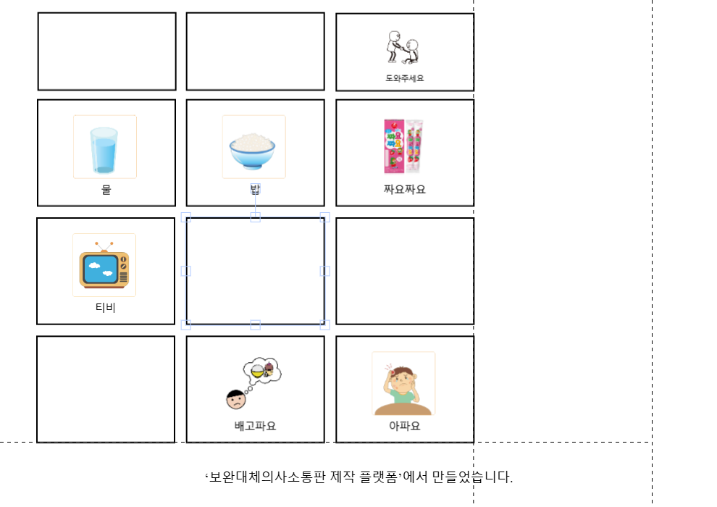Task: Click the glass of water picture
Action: pos(104,146)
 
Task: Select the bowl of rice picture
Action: pos(253,146)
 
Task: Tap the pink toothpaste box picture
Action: pos(403,146)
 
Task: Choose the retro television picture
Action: pos(104,265)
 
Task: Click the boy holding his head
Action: pos(403,383)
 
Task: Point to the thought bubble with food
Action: pos(261,371)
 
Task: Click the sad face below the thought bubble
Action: pos(236,401)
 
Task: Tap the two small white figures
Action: pos(403,48)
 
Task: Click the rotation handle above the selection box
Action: pos(255,188)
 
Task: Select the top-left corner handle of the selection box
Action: pos(185,217)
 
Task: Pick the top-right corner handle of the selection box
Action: pos(324,217)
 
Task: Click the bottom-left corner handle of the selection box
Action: pos(185,324)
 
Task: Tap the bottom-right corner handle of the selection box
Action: pos(324,324)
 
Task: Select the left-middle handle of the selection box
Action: pos(185,271)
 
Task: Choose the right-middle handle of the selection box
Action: pos(324,271)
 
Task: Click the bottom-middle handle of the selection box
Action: pos(255,324)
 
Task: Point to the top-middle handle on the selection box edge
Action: pos(255,217)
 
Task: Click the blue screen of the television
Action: pos(101,269)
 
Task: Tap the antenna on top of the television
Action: pos(104,246)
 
